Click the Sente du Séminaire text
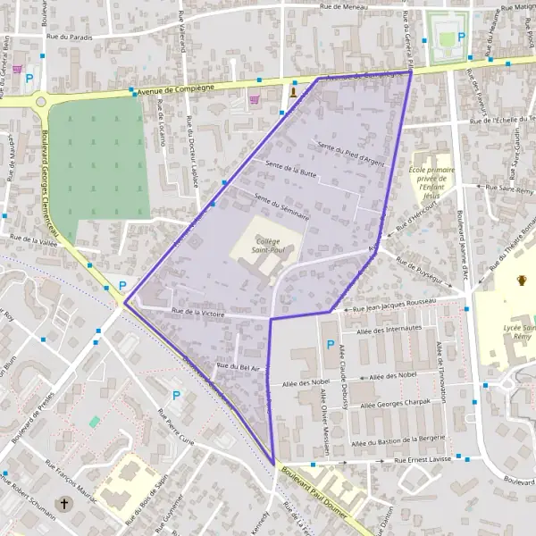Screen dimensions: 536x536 click(x=281, y=207)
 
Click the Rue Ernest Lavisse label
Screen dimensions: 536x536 click(x=422, y=460)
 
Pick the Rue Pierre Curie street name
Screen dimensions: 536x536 click(x=188, y=429)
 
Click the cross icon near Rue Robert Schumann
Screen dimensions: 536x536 click(x=63, y=504)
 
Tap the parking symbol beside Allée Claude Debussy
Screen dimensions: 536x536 click(x=330, y=345)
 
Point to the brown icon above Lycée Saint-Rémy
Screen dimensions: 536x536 click(x=521, y=281)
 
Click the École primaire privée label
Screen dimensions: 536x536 click(x=432, y=178)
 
